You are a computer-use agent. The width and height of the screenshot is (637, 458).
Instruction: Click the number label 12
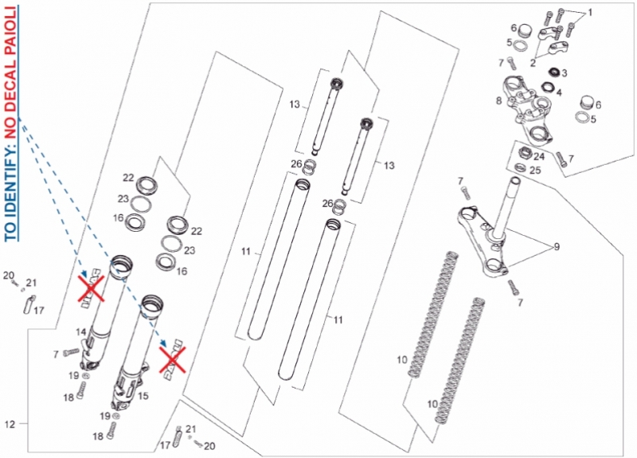(x=10, y=425)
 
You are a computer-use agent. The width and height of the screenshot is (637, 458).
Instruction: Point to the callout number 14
(x=81, y=332)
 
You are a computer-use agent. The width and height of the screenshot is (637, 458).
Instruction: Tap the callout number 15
(x=143, y=396)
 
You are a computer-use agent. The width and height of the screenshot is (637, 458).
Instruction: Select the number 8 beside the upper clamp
(x=499, y=100)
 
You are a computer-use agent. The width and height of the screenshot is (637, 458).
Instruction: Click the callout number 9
(x=557, y=247)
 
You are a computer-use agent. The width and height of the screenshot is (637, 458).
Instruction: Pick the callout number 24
(x=539, y=156)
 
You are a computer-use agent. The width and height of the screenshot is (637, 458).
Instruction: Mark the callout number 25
(x=535, y=170)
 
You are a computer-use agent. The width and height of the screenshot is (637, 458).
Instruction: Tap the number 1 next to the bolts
(x=590, y=13)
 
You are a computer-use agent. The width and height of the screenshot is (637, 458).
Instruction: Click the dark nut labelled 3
(x=553, y=72)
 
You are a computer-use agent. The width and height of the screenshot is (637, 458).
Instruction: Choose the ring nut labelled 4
(x=549, y=87)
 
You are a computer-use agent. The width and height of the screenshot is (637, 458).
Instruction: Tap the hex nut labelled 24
(x=526, y=153)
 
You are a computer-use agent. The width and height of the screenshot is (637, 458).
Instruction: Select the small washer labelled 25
(x=520, y=166)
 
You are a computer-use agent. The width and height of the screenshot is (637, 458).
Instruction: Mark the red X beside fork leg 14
(x=92, y=288)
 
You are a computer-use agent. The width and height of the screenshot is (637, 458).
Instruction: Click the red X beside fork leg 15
(x=173, y=360)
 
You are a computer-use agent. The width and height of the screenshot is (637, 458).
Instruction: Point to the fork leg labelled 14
(x=104, y=313)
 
